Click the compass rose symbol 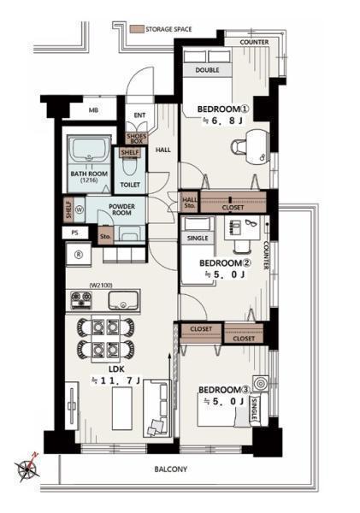pyautogui.click(x=27, y=469)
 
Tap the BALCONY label pyautogui.click(x=170, y=469)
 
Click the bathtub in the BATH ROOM pyautogui.click(x=89, y=148)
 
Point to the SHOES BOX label pyautogui.click(x=137, y=139)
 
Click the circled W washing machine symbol pyautogui.click(x=80, y=209)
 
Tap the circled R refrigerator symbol pyautogui.click(x=79, y=255)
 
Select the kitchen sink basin pyautogui.click(x=123, y=300)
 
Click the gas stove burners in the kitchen pyautogui.click(x=81, y=299)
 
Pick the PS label pyautogui.click(x=74, y=233)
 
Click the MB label pyautogui.click(x=93, y=110)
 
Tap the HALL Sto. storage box pyautogui.click(x=189, y=202)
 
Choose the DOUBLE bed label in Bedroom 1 pyautogui.click(x=207, y=70)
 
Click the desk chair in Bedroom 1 pyautogui.click(x=239, y=146)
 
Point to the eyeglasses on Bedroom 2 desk pyautogui.click(x=251, y=223)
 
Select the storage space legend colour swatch pyautogui.click(x=137, y=29)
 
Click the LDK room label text pyautogui.click(x=116, y=369)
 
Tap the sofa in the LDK pyautogui.click(x=157, y=408)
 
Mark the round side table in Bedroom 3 pyautogui.click(x=261, y=383)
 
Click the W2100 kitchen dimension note pyautogui.click(x=101, y=286)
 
